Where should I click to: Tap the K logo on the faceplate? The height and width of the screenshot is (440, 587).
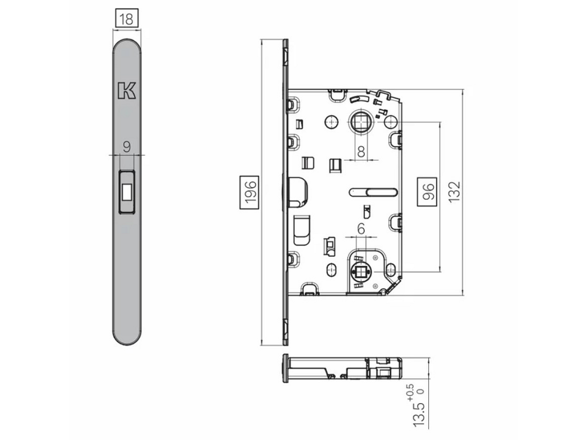coord(127,90)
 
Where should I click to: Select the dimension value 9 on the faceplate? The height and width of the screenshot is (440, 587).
coord(127,147)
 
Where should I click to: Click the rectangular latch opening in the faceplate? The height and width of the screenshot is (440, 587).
coord(127,191)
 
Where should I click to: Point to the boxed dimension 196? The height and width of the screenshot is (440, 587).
coord(249,191)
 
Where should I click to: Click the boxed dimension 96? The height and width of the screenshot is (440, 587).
coord(426,191)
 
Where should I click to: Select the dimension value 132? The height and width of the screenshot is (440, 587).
coord(454,192)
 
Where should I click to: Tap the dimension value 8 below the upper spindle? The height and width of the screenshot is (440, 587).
coord(361,151)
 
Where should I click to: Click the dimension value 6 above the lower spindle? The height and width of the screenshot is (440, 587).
coord(361,229)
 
